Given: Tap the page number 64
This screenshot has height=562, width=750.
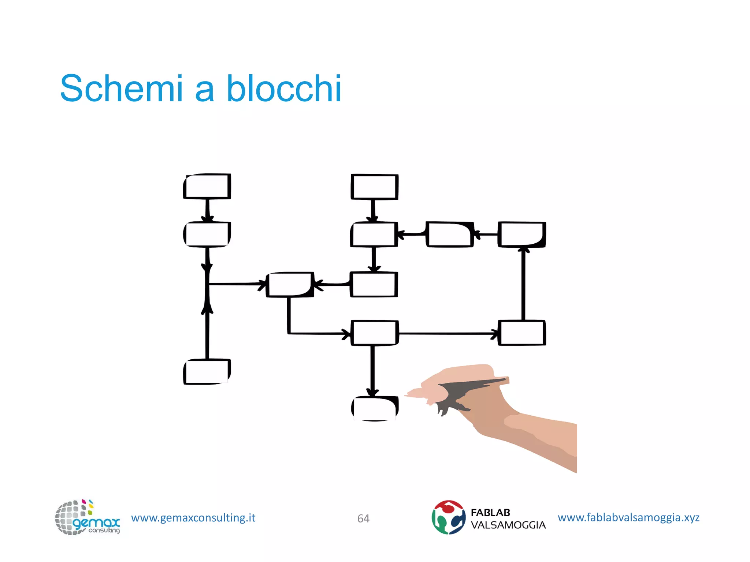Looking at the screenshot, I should click(x=363, y=518).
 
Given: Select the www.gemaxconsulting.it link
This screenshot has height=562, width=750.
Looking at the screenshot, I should click(x=193, y=518).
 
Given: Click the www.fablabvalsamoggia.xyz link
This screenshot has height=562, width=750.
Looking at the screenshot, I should click(x=628, y=517).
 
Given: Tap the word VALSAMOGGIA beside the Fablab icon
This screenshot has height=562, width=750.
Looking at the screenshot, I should click(x=508, y=525).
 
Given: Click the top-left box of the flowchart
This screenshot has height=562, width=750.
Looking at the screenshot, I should click(x=207, y=186).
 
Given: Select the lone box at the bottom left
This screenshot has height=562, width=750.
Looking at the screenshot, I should click(x=207, y=372).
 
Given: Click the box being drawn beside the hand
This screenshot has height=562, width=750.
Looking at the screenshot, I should click(x=375, y=408).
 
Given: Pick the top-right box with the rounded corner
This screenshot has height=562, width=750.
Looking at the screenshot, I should click(x=522, y=235).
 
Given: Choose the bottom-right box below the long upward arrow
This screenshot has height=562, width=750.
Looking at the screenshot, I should click(x=522, y=333).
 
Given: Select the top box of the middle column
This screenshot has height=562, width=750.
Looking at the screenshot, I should click(x=374, y=187).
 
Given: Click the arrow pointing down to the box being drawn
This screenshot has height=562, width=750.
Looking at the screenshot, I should click(x=372, y=370).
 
